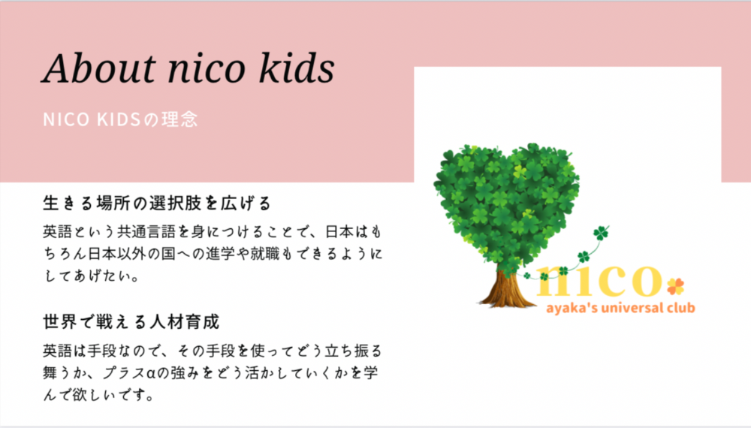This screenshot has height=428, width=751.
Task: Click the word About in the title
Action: pyautogui.click(x=98, y=68)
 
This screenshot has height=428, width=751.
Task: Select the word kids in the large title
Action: pyautogui.click(x=297, y=68)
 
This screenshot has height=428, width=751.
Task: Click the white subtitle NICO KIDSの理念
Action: pyautogui.click(x=120, y=119)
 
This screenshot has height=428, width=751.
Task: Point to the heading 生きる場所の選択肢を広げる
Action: pyautogui.click(x=157, y=203)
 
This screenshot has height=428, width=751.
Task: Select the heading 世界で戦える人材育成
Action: pyautogui.click(x=131, y=321)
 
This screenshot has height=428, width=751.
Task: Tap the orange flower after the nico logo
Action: pyautogui.click(x=676, y=286)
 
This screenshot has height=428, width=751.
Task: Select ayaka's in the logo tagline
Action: pyautogui.click(x=572, y=308)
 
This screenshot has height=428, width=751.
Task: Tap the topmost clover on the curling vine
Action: pyautogui.click(x=601, y=234)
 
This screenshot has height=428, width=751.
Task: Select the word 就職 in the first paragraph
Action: pyautogui.click(x=264, y=253)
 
